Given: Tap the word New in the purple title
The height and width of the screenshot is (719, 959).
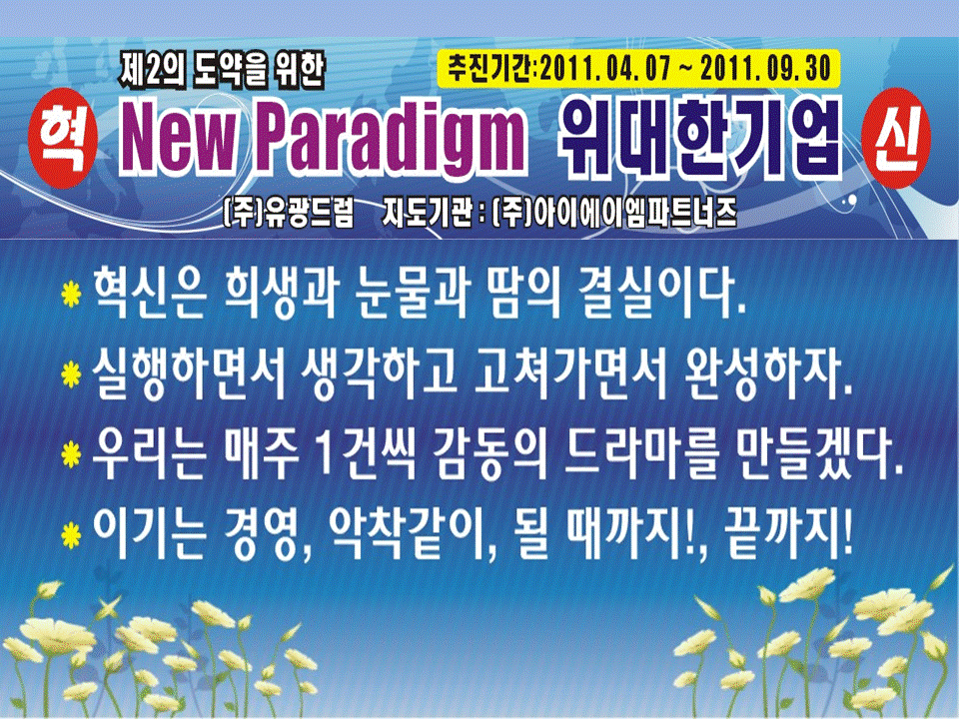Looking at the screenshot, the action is (179, 140).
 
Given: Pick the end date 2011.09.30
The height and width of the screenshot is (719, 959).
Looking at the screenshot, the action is (766, 69).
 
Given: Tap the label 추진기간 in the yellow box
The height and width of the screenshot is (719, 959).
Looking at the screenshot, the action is (489, 69).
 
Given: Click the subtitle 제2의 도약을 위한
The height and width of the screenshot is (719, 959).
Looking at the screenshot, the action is (221, 70).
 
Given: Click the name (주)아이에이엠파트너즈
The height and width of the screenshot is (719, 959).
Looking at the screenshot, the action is (614, 214).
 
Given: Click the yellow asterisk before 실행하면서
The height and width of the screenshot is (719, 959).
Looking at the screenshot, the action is (71, 374).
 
